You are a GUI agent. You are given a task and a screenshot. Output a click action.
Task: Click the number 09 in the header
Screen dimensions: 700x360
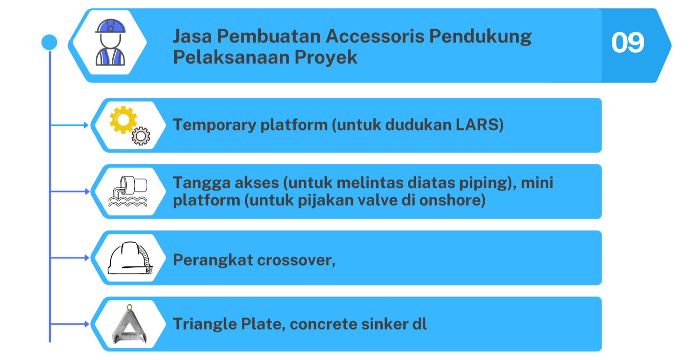click(628, 43)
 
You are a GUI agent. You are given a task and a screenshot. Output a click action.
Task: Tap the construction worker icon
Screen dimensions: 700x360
click(110, 42)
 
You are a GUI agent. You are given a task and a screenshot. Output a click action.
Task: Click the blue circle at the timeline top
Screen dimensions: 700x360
click(49, 42)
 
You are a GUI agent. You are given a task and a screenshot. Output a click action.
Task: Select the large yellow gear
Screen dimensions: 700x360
click(123, 120)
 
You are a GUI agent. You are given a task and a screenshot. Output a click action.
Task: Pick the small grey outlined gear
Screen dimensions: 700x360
click(140, 136)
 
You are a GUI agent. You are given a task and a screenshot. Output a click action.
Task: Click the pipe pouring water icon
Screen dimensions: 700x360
click(128, 192)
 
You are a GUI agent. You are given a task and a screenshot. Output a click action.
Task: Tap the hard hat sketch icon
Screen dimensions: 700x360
click(130, 258)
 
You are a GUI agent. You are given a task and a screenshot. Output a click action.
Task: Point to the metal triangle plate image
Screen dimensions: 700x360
click(129, 324)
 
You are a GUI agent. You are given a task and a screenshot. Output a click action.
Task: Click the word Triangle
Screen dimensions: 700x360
click(204, 324)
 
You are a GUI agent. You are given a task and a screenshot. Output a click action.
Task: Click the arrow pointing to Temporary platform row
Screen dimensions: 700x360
click(69, 125)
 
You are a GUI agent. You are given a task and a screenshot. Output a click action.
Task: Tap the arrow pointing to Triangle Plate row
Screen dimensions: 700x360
click(69, 324)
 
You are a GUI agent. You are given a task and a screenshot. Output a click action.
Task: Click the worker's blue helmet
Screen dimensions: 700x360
click(110, 26)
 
